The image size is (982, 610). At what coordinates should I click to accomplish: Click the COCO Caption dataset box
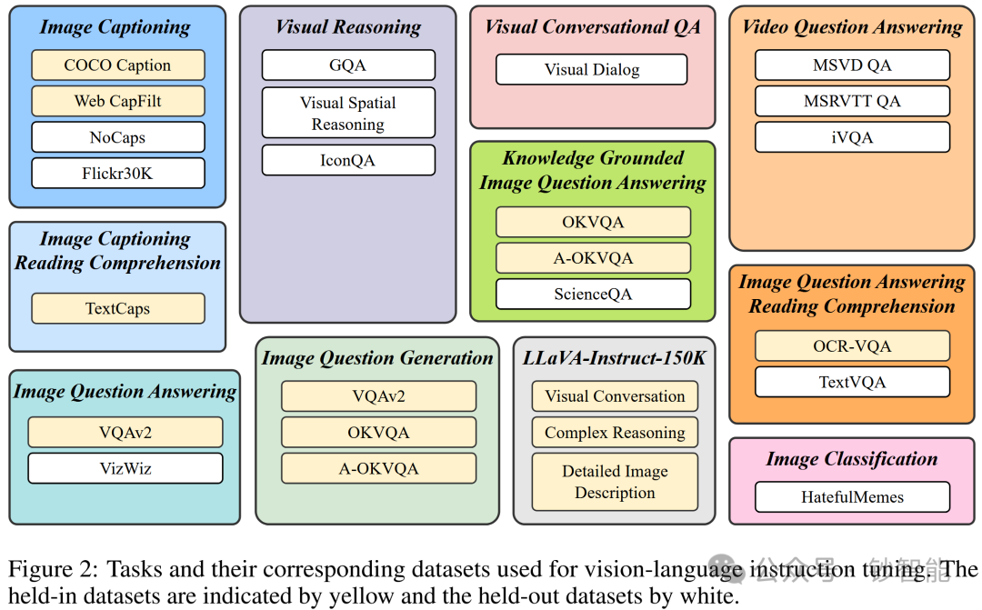[117, 65]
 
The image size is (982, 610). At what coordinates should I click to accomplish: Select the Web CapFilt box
[117, 101]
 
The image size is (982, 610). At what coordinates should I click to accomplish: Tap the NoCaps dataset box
[117, 137]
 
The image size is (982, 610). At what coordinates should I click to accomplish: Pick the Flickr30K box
[117, 173]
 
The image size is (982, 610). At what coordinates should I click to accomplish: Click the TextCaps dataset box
[117, 308]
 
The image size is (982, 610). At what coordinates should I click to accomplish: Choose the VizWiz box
[125, 468]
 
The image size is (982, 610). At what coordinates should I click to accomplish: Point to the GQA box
[348, 65]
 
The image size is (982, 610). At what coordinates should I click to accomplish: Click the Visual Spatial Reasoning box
[348, 114]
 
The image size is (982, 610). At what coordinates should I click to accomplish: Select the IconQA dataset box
[348, 161]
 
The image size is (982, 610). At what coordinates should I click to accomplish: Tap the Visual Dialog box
[592, 69]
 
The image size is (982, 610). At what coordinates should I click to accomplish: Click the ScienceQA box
[593, 294]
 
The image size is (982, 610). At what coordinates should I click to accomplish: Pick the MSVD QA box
[852, 65]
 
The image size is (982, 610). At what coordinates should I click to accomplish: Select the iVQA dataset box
[852, 137]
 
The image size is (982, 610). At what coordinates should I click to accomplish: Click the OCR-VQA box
[852, 345]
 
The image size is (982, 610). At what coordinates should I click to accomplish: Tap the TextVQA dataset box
[852, 382]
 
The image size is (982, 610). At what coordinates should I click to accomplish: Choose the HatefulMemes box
[852, 496]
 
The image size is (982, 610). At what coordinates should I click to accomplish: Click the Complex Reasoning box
[615, 433]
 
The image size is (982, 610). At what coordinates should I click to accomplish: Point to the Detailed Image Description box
[615, 482]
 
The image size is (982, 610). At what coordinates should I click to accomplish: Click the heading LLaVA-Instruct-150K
[615, 357]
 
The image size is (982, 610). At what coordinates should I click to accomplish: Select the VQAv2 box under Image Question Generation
[378, 396]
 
